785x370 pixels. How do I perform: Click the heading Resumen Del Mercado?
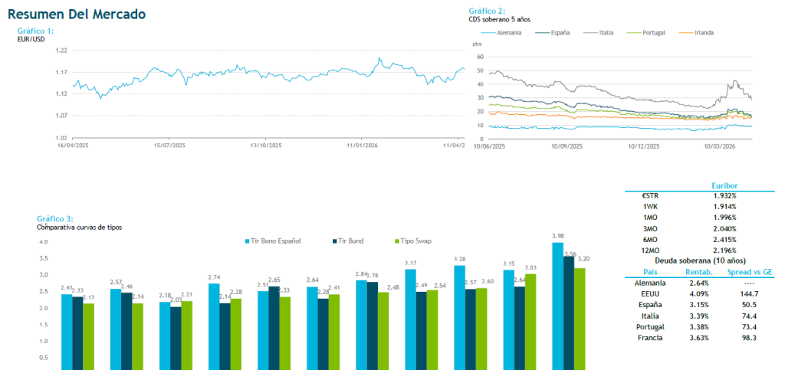(76, 15)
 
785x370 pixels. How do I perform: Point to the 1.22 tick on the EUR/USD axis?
(61, 50)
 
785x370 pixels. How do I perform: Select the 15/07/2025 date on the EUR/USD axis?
(170, 144)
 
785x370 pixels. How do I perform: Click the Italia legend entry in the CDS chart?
(602, 33)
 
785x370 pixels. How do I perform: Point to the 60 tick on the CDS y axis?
(480, 57)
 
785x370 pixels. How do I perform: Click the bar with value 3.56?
(569, 313)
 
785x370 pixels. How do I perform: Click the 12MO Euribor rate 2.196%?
(724, 250)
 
